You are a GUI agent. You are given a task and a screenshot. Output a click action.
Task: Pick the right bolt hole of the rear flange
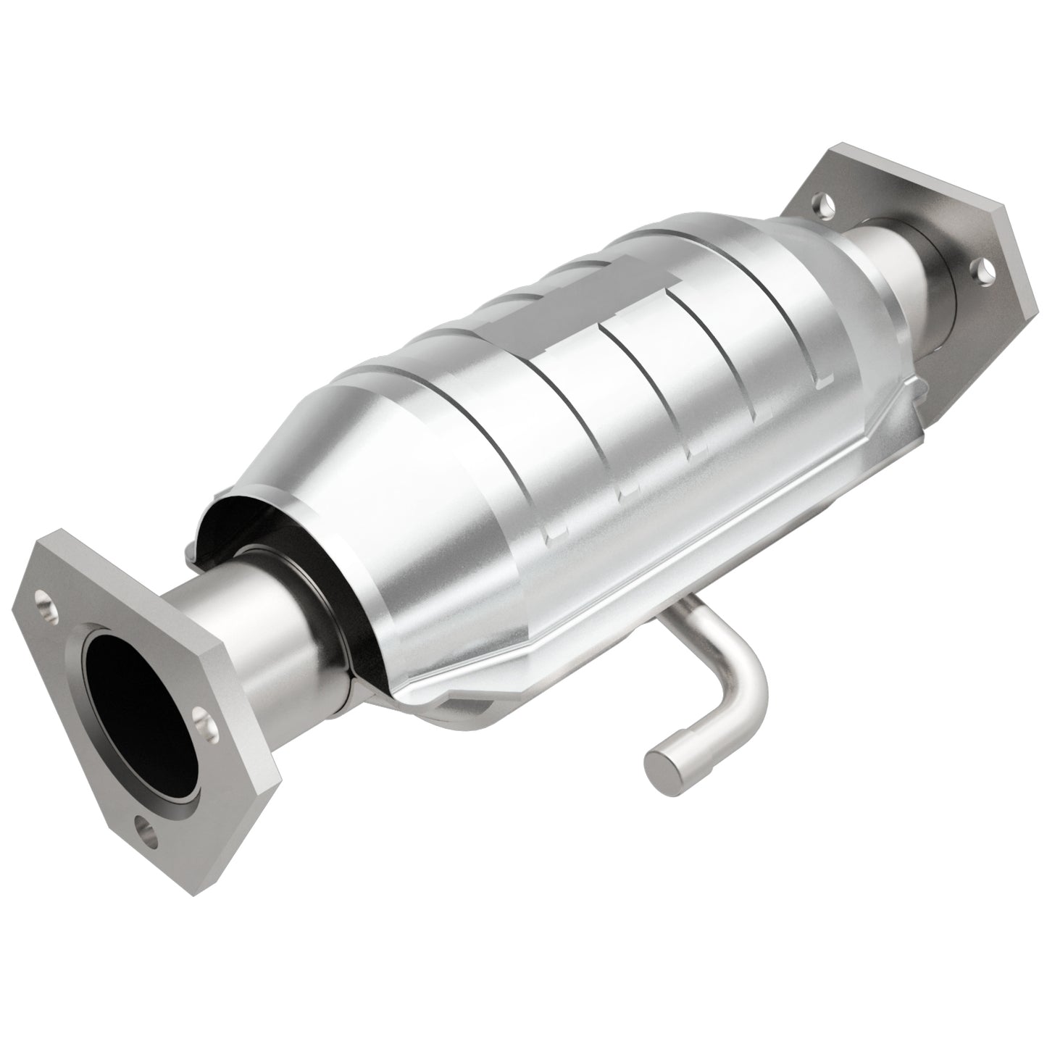[x=985, y=272]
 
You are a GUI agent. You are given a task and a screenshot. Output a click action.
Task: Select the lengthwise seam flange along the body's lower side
[x=652, y=551]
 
